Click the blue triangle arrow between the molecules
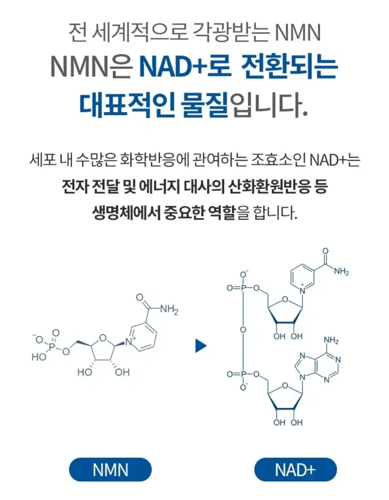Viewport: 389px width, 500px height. click(201, 345)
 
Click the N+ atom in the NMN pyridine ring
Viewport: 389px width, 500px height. click(130, 342)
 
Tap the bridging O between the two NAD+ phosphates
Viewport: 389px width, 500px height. click(243, 330)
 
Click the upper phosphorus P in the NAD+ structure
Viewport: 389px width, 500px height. click(243, 288)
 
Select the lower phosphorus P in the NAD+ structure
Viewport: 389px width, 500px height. click(243, 374)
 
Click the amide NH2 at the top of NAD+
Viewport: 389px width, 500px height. click(342, 272)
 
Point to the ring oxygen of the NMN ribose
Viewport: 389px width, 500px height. click(103, 338)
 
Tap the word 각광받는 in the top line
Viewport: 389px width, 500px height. click(231, 32)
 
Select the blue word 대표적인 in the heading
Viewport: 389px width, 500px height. click(127, 105)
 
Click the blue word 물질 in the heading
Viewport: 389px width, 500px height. click(205, 105)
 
